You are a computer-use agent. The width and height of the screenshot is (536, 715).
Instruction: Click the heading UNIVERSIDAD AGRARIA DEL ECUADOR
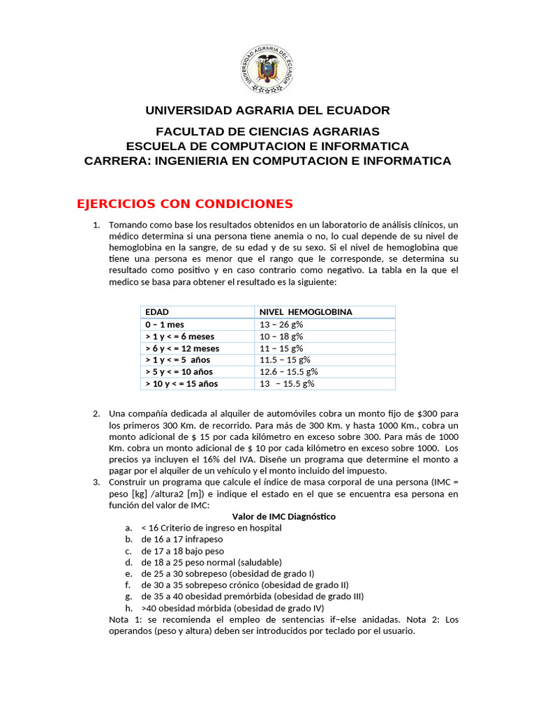[x=267, y=110]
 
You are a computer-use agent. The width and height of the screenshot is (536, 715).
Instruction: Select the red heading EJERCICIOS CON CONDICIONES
[x=184, y=204]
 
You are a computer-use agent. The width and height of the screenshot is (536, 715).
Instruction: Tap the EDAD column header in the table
[x=157, y=312]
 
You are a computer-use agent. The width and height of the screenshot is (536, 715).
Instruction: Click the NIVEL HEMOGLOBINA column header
[x=306, y=312]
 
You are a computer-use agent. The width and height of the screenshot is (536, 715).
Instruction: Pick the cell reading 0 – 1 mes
[x=165, y=325]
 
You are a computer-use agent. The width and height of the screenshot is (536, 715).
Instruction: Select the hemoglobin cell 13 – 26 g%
[x=281, y=325]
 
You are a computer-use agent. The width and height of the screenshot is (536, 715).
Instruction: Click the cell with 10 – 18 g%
[x=281, y=337]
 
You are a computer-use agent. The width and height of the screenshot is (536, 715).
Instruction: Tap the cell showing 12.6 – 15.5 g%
[x=289, y=372]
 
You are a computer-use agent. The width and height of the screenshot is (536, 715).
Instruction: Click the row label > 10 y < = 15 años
[x=181, y=384]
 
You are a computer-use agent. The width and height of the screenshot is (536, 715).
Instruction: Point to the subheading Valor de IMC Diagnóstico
[x=284, y=517]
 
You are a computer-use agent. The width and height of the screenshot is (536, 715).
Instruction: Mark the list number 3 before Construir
[x=96, y=482]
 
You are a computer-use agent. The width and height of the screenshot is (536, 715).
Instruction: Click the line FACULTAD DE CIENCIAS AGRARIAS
[x=267, y=131]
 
